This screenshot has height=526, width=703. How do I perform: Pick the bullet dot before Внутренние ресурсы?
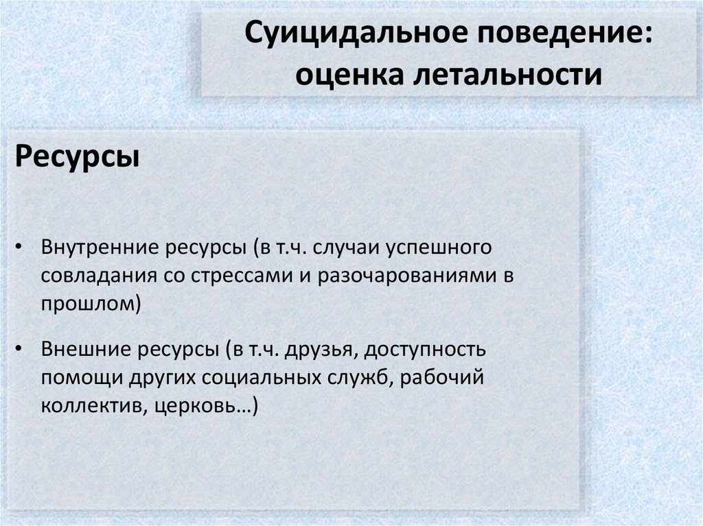coord(21,246)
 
